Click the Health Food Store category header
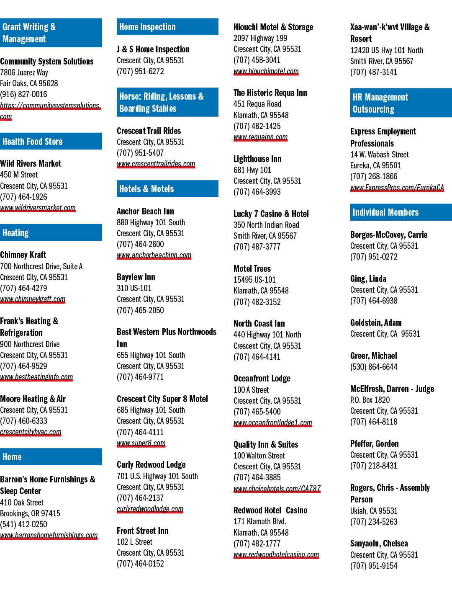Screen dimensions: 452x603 tap(51, 141)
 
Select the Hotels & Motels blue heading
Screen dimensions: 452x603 tap(167, 189)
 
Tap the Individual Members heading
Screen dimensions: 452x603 tap(401, 212)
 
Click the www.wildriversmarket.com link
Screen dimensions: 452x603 tap(38, 208)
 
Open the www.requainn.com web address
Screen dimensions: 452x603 tap(260, 137)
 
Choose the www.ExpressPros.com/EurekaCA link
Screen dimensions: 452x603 tap(397, 188)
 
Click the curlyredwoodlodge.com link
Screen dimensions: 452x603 tap(150, 509)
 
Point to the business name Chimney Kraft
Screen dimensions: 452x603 tap(23, 255)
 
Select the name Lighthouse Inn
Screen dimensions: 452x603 tap(257, 159)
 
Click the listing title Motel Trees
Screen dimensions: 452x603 tap(252, 268)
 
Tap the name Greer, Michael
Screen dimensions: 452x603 tap(373, 356)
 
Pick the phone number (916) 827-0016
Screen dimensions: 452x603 tap(23, 94)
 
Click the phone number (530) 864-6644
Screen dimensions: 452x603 tap(374, 367)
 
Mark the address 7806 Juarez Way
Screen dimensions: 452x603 tap(24, 72)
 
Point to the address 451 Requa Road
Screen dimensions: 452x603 tap(257, 104)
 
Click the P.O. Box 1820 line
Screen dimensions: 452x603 tap(370, 400)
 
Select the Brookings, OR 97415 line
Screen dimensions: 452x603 tap(30, 513)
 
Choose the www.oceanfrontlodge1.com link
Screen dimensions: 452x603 tap(273, 423)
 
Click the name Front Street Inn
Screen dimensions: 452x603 tap(142, 531)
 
